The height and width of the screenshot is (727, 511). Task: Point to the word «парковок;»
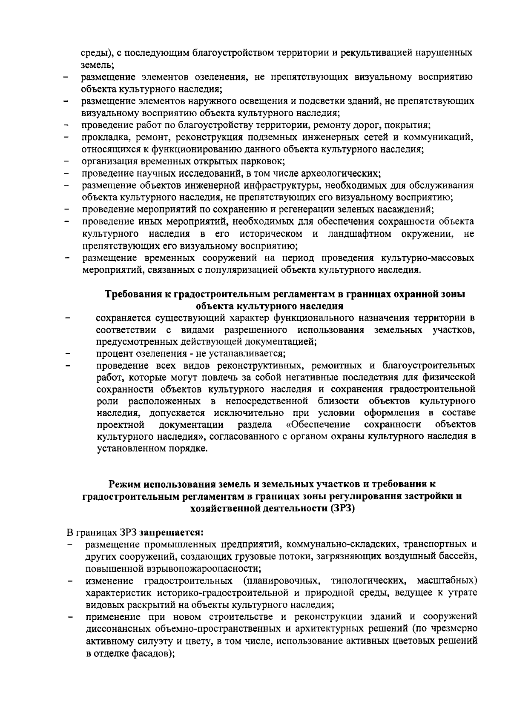263,161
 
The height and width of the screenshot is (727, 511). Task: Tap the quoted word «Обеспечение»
318,425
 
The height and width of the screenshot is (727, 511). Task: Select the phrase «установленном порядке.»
152,449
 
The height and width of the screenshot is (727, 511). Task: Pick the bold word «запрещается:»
172,532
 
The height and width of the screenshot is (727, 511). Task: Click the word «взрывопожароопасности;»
173,568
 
